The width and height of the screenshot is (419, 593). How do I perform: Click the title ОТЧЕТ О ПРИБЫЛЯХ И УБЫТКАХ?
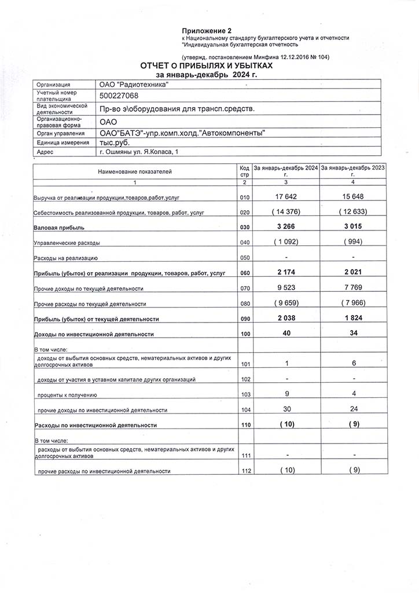206,67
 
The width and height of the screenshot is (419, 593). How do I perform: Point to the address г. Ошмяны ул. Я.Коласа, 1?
139,151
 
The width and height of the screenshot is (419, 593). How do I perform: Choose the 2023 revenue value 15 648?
352,197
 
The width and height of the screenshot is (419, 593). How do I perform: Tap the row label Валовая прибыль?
59,228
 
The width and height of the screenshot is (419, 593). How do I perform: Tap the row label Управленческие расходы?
67,243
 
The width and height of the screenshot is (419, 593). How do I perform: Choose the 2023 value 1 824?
352,318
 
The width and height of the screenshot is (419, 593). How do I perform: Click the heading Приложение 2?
207,30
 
